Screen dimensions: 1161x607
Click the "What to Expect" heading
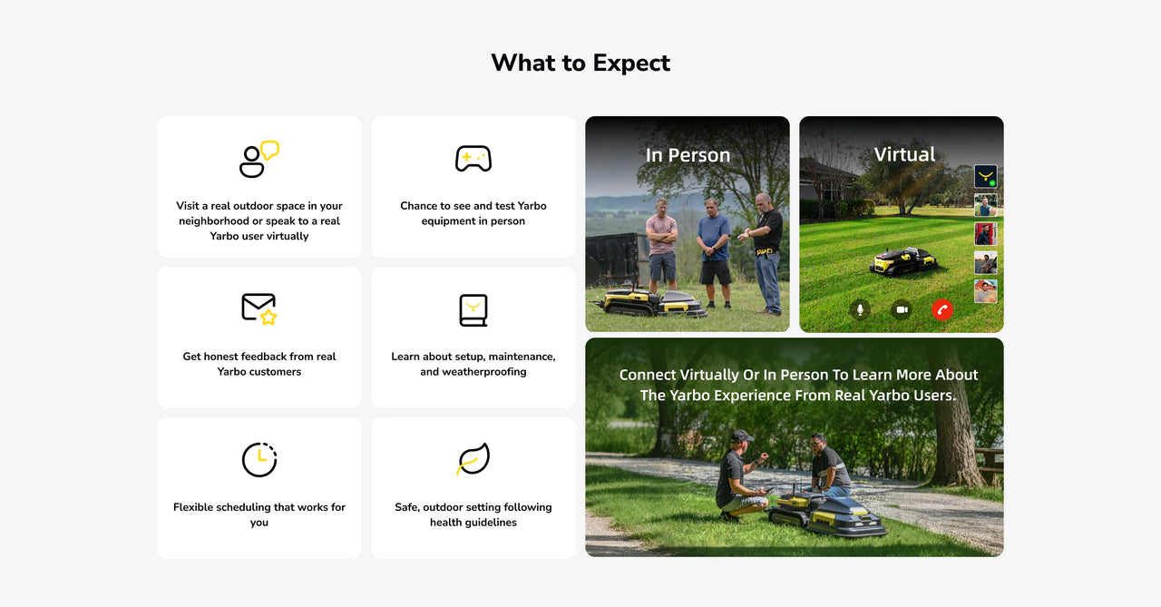580,64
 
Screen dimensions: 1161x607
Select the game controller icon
473,158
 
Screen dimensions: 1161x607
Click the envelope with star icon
259,308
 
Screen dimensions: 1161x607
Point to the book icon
473,310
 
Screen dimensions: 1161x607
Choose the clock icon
259,460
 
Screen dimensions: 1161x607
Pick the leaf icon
473,459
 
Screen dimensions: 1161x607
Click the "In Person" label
688,155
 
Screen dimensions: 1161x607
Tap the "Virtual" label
904,154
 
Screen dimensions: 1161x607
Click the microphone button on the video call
860,310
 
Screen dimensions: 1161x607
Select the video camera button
902,310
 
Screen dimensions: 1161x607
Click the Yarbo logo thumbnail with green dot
985,176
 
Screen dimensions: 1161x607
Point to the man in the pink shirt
661,245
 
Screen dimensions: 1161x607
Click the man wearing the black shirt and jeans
766,253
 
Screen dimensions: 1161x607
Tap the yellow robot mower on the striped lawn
903,260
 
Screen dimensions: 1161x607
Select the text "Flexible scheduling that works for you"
259,514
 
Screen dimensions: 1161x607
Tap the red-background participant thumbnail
985,234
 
